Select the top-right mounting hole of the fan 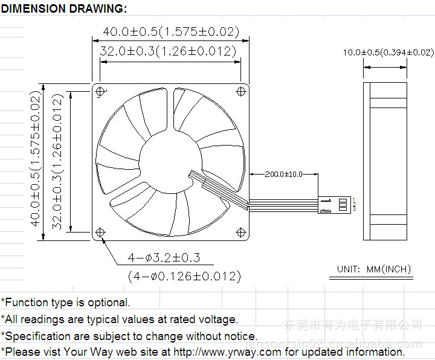pos(241,91)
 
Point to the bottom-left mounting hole pos(100,232)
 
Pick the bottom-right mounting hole pos(241,232)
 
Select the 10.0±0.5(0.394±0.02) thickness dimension pos(388,53)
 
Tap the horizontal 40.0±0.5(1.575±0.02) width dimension pos(171,31)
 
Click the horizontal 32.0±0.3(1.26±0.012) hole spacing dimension pos(168,51)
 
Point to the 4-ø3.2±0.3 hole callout pos(163,258)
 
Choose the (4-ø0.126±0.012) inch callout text pos(184,276)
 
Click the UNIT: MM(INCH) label pos(374,269)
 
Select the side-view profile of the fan pos(384,161)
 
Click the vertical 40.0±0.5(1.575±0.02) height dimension pos(36,161)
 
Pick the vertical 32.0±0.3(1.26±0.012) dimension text pos(57,161)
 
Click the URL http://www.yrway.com pos(228,352)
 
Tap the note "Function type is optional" pos(66,303)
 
